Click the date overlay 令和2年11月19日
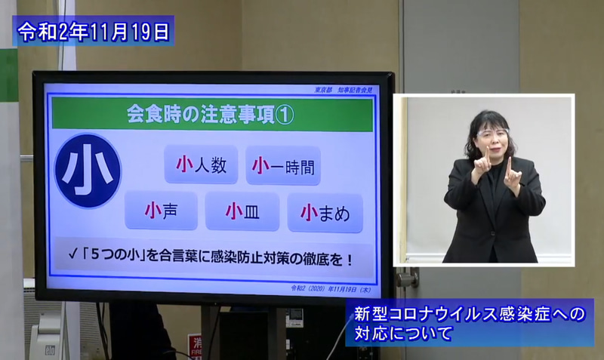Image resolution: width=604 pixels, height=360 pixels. point(94,31)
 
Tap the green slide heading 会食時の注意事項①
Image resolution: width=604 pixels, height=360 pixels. point(212,115)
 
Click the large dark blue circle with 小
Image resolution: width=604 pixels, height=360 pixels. point(88,171)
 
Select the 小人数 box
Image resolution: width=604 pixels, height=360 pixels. point(201,165)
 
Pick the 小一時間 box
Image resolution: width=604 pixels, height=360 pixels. point(283,165)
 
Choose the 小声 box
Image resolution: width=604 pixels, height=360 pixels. point(161,211)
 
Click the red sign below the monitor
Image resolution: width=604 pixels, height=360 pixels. point(195,346)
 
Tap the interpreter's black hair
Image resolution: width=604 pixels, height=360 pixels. point(490,120)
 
